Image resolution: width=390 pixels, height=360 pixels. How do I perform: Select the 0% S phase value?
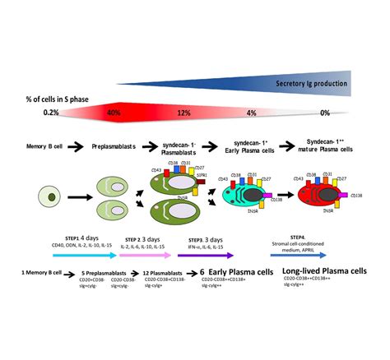point(325,113)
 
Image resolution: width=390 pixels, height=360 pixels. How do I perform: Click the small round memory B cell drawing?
point(50,197)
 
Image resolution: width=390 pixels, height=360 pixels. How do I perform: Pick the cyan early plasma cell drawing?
point(242,197)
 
